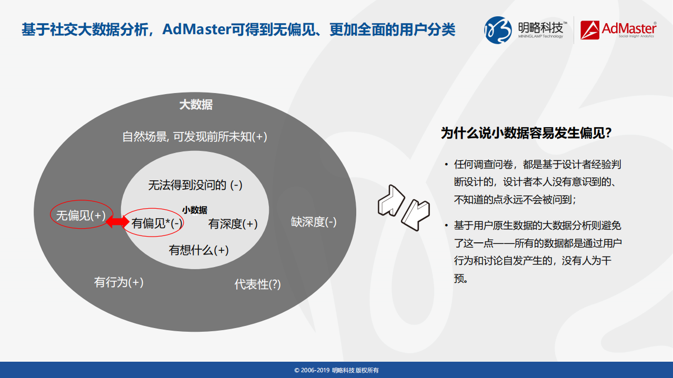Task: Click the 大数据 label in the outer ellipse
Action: coord(196,105)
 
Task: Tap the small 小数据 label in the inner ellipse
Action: coord(195,210)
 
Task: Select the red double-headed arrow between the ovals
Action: coord(117,222)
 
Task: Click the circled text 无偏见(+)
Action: coord(81,216)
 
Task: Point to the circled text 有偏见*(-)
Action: coord(157,223)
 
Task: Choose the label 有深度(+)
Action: coord(233,224)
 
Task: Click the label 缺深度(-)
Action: coord(314,222)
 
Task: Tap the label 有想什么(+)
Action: coord(198,250)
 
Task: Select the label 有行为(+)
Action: coord(118,282)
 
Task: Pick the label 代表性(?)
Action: coord(257,284)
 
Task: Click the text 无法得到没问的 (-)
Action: coord(195,185)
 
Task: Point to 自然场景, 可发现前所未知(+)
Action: coord(195,137)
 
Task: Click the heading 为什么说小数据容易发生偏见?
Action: coord(526,133)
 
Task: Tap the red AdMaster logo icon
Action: coord(590,30)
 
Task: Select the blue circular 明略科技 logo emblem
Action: coord(497,29)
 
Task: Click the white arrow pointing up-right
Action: coord(390,200)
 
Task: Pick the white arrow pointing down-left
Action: coord(415,214)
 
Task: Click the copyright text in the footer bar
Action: coord(336,370)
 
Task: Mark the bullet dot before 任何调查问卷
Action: coord(446,165)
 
